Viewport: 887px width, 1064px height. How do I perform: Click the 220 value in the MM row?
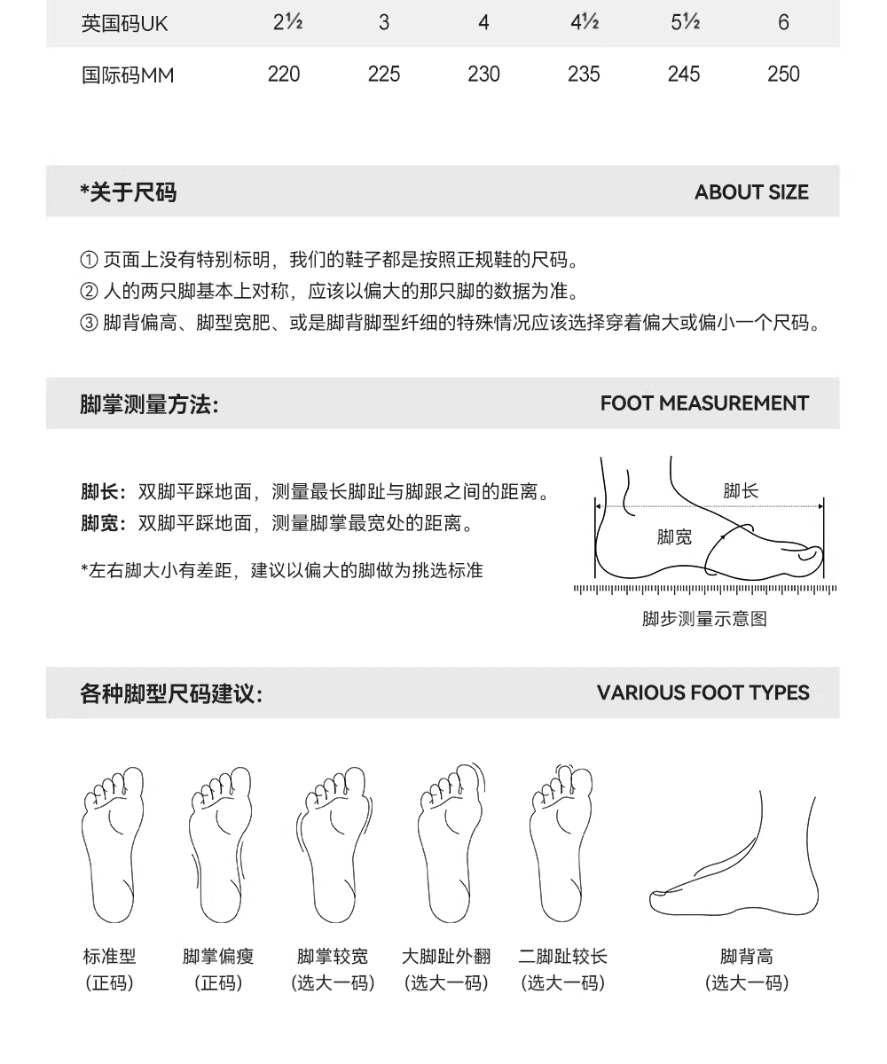tap(284, 74)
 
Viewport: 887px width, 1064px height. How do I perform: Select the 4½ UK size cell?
tap(585, 22)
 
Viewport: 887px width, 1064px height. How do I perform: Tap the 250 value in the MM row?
tap(783, 74)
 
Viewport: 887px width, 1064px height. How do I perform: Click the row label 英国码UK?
tap(124, 23)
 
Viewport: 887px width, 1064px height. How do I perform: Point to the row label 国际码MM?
tap(128, 75)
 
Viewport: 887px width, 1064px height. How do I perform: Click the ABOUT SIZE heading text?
tap(751, 192)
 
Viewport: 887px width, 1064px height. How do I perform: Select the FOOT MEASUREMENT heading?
tap(704, 403)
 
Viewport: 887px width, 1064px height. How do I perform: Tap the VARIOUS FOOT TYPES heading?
tap(703, 692)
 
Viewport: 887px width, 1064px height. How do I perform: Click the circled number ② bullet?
tap(89, 292)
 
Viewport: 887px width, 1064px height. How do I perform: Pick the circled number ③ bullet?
tap(89, 323)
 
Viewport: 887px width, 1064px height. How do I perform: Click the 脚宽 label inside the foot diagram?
tap(674, 537)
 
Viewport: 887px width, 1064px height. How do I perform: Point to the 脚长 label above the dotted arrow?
tap(740, 491)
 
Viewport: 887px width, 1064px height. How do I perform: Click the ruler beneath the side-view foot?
tap(705, 590)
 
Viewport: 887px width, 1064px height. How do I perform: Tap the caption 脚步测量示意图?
tap(704, 619)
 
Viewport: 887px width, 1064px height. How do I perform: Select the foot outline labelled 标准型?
tap(113, 845)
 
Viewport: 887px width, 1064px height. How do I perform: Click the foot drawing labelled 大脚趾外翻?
tap(451, 843)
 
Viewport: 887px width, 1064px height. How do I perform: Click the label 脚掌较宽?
tap(333, 957)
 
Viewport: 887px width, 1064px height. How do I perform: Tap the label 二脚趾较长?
tap(562, 957)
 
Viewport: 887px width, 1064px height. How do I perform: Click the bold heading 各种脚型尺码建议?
tap(171, 693)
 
